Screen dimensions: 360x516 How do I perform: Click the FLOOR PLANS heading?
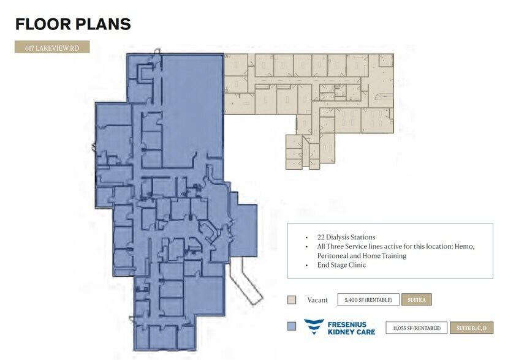coord(73,24)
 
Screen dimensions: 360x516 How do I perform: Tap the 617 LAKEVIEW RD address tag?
coord(52,47)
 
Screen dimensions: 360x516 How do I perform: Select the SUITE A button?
coord(417,300)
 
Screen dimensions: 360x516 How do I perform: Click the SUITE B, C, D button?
coord(471,328)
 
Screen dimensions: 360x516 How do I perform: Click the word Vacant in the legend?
coord(317,300)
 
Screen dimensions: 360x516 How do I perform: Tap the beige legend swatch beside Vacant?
coord(292,300)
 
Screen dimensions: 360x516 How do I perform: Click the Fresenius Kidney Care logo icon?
coord(314,327)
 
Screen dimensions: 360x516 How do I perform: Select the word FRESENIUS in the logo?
coord(347,323)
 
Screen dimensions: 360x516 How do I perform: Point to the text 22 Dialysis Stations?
coord(346,237)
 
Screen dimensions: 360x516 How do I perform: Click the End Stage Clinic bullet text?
coord(341,265)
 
